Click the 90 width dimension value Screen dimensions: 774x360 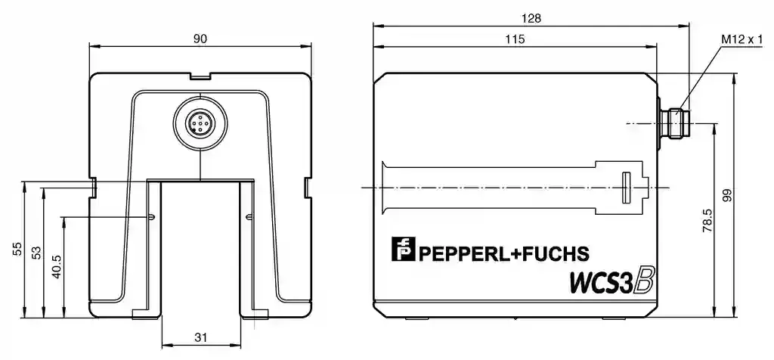(200, 39)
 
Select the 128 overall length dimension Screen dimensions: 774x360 (531, 18)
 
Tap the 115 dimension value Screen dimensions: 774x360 (515, 39)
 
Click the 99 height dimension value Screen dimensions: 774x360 (726, 196)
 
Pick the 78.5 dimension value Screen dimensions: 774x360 (707, 220)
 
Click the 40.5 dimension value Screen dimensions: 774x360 (57, 267)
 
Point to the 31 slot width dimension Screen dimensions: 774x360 (200, 338)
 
